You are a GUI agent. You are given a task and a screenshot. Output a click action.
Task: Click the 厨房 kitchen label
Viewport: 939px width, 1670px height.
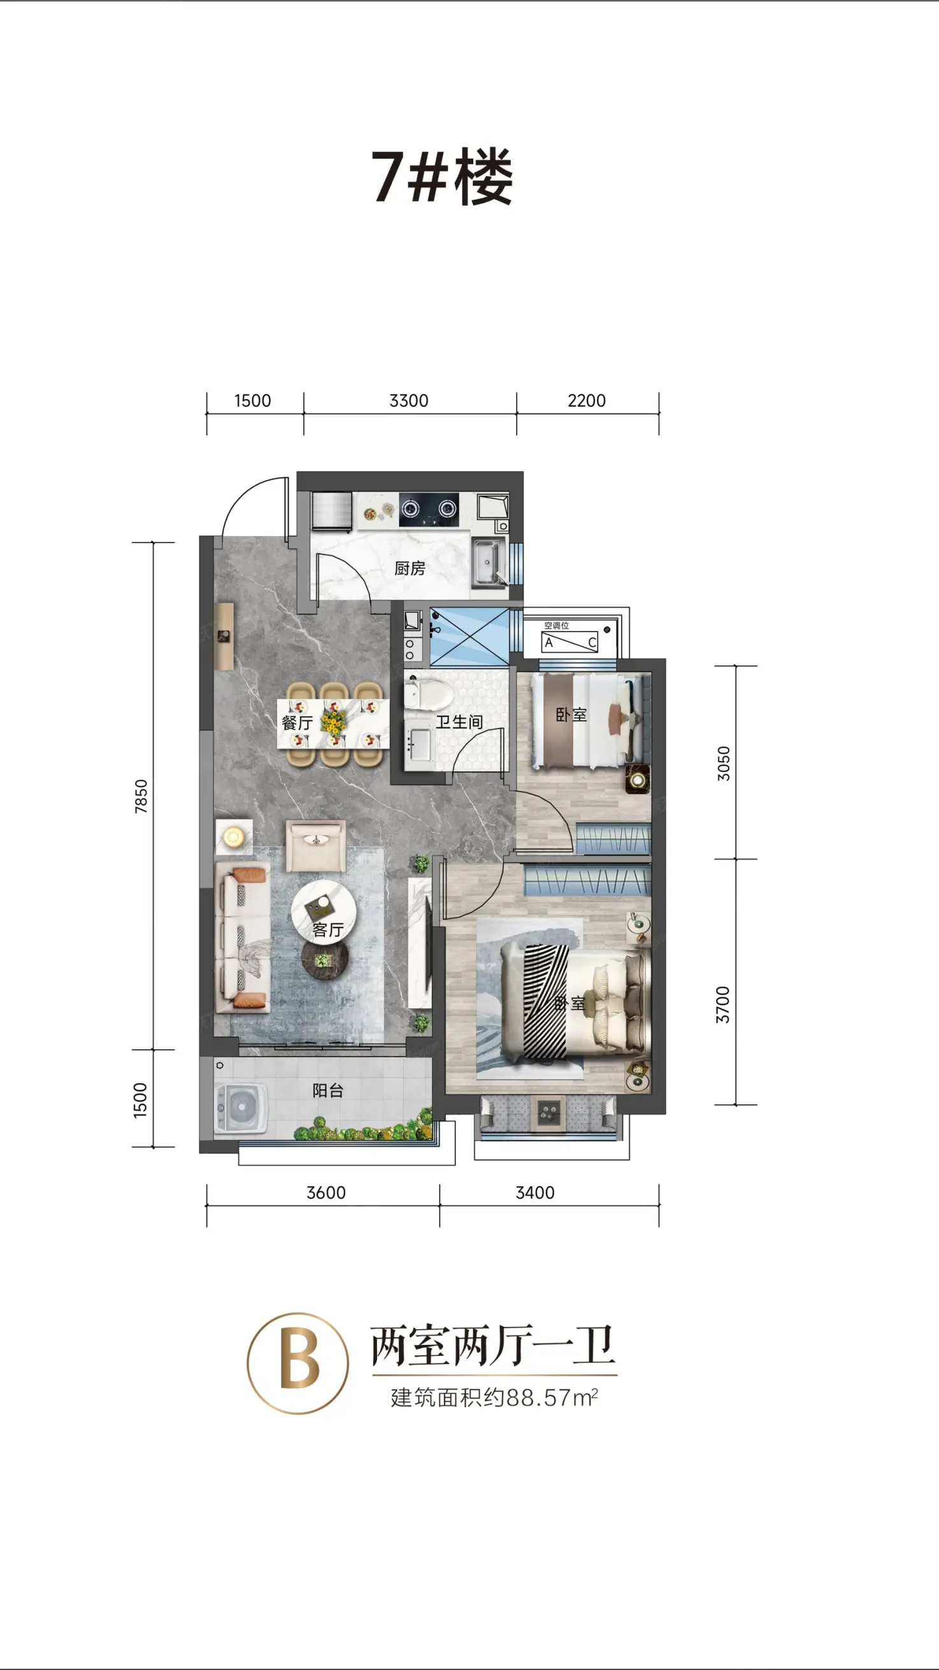tap(410, 569)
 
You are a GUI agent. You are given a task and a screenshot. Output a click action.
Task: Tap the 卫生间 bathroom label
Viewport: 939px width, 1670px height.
tap(459, 722)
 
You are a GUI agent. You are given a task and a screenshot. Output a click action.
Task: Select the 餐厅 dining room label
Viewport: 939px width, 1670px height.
tap(297, 722)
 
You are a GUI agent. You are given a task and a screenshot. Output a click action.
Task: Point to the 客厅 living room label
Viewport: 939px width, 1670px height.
tap(328, 929)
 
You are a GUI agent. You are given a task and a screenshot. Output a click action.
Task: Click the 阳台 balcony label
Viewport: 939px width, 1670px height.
tap(328, 1091)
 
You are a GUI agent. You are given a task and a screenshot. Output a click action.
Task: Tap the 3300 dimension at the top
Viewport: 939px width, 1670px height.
tap(409, 401)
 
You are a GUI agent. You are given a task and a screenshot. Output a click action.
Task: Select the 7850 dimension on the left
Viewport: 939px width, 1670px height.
tap(141, 796)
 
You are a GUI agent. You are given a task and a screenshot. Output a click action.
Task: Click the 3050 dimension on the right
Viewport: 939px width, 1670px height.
tap(723, 763)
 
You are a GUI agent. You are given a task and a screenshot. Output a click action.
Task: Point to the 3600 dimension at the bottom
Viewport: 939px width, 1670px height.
tap(326, 1193)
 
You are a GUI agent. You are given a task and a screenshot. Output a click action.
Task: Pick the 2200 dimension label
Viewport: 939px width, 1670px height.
tap(587, 401)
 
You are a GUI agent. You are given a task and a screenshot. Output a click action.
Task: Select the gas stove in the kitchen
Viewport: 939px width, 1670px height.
tap(428, 509)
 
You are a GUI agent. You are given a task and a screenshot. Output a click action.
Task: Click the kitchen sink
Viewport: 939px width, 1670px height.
tap(487, 562)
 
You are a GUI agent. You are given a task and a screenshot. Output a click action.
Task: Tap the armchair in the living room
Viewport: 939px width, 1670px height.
tap(315, 845)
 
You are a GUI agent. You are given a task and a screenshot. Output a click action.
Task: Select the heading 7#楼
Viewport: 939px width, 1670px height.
tap(443, 177)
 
